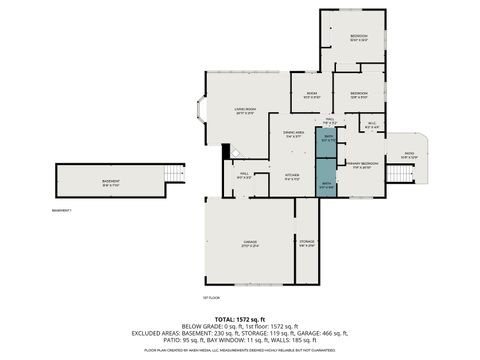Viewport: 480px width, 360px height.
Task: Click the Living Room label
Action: tap(245, 110)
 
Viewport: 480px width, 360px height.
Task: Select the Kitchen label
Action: tap(292, 176)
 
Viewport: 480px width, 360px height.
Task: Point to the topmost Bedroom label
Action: tap(359, 38)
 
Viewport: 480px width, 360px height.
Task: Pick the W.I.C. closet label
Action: tap(371, 126)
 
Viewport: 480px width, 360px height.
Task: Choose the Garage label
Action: tap(249, 242)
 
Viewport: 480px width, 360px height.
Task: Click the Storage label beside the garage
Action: tap(307, 243)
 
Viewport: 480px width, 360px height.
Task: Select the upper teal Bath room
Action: tap(327, 141)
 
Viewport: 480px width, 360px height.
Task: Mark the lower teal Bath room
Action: tap(327, 185)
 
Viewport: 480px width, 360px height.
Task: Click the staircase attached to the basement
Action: tap(175, 173)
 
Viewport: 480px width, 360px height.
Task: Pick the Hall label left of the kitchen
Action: tap(243, 176)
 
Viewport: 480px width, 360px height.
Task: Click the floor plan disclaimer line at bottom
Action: tap(240, 350)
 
